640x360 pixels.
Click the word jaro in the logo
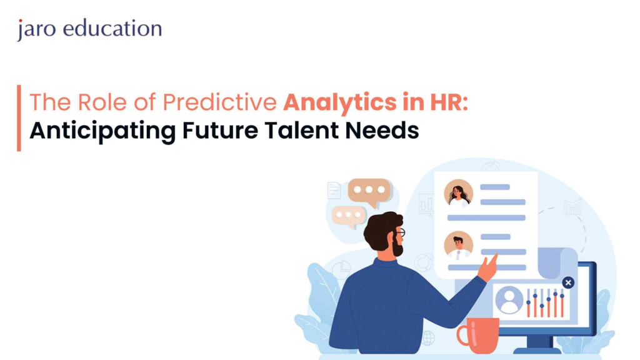pos(37,29)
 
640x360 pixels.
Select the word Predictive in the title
pos(220,102)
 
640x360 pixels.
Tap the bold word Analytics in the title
pos(339,102)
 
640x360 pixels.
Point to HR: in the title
pos(449,102)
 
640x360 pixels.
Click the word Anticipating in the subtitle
pos(102,131)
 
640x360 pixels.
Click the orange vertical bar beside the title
pos(19,118)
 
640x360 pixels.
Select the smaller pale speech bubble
pos(348,216)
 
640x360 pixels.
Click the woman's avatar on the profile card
pos(458,193)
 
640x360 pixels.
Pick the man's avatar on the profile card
pos(458,246)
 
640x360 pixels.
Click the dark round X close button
pos(567,282)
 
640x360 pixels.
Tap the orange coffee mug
pos(478,335)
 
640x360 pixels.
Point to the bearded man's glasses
pos(400,232)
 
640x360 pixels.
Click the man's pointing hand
pos(487,267)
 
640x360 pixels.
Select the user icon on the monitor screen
pos(509,300)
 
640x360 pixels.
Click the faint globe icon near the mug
pos(427,338)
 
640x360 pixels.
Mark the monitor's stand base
pos(537,351)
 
